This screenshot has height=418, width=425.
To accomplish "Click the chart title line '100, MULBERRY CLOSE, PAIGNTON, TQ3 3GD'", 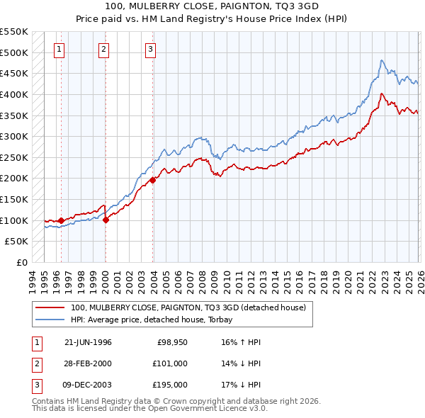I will pos(212,6).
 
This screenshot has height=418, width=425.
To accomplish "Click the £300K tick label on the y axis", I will pos(14,136).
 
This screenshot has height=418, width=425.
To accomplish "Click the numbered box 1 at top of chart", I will pos(59,49).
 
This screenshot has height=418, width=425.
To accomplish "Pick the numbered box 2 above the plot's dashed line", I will pos(104,49).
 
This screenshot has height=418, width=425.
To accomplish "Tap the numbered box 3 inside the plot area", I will pos(151,49).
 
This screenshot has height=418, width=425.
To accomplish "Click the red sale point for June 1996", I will pos(61,220).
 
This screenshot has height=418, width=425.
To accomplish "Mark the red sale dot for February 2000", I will pos(106,220).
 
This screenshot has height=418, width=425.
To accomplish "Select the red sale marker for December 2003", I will pos(152,180).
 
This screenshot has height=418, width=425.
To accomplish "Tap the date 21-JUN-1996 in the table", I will pos(88,342).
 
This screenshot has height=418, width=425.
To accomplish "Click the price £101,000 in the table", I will pos(170,363).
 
